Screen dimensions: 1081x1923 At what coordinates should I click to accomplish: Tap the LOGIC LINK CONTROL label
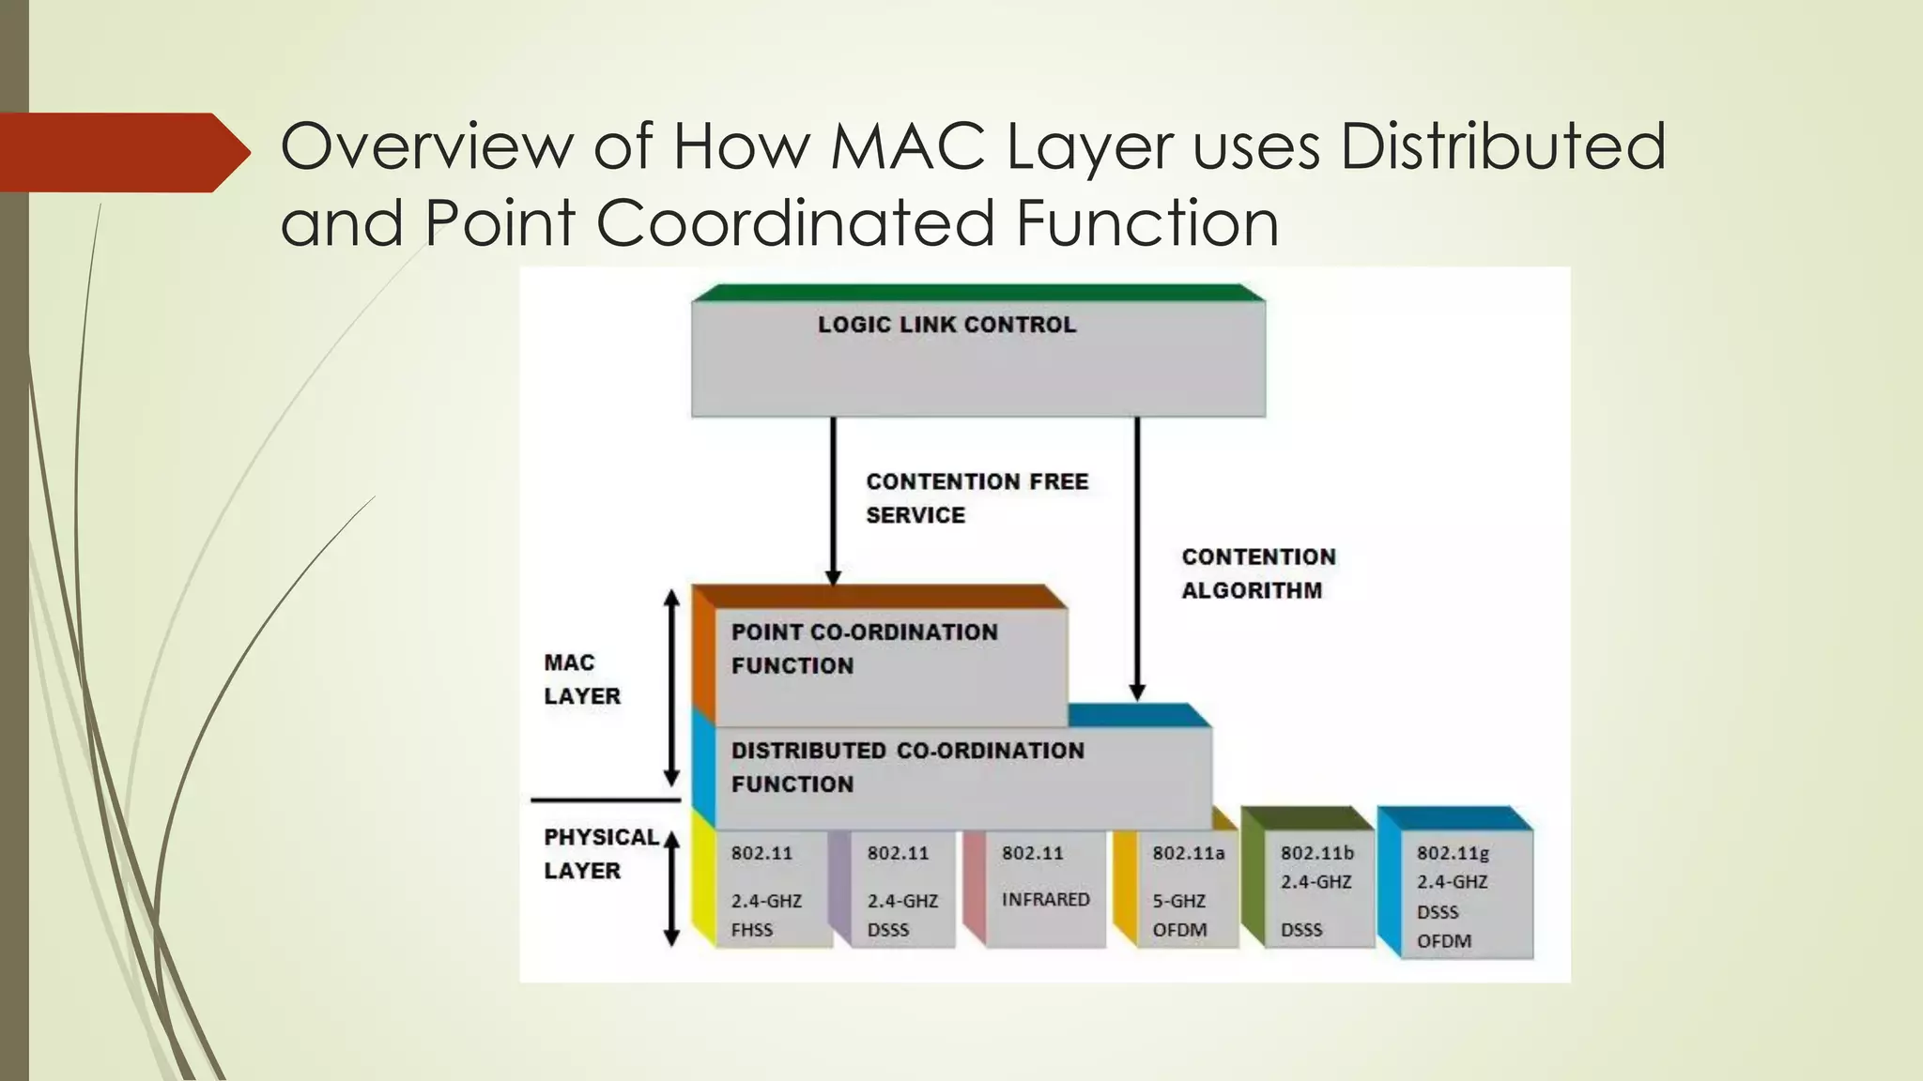(946, 325)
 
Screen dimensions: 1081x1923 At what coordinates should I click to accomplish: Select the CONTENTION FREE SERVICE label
(977, 498)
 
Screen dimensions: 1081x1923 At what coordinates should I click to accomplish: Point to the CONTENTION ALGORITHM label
(1258, 573)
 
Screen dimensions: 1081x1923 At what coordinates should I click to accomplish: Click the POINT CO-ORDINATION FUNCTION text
(864, 648)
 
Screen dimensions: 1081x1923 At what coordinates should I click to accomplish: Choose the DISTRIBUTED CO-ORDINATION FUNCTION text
(907, 767)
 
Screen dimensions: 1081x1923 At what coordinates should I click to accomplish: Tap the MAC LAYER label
(581, 679)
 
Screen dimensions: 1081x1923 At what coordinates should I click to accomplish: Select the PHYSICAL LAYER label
(601, 854)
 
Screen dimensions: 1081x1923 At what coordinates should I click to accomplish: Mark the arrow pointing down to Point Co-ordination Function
(833, 497)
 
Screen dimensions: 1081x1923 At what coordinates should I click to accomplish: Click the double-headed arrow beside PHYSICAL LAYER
(671, 888)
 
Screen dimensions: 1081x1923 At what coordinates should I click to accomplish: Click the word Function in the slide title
(1147, 224)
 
